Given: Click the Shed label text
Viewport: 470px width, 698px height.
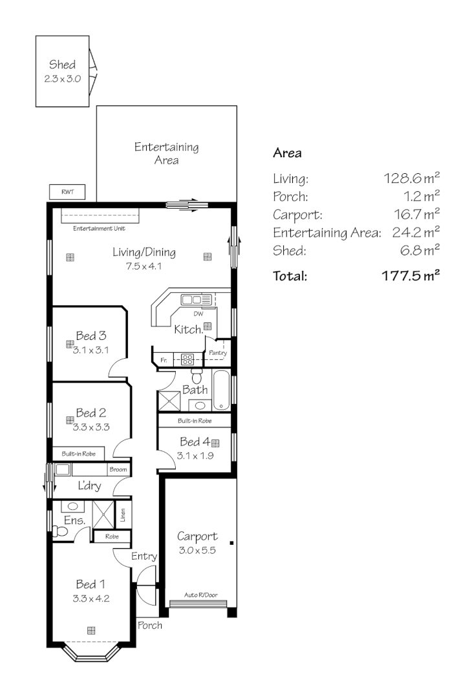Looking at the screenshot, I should pos(62,65).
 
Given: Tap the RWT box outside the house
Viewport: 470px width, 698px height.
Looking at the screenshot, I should pos(67,192).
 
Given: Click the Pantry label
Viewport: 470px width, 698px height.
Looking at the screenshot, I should pos(218,353).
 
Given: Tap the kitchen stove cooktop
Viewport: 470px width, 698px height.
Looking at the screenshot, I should pos(187,359).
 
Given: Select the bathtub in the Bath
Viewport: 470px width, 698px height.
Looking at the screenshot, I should pos(222,390).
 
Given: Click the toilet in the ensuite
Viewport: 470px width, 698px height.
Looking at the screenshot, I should pos(60,531).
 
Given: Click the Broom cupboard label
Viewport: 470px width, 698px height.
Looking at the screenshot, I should pos(118,470).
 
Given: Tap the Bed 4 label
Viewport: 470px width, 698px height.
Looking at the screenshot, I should pos(195,442).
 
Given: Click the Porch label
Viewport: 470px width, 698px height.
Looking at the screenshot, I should pos(150,626).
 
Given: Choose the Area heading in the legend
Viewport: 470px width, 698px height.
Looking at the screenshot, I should pos(288,153).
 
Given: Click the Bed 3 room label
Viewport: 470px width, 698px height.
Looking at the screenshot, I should pos(91,335).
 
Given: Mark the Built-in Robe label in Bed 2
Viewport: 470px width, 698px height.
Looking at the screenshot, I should pos(79,454).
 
